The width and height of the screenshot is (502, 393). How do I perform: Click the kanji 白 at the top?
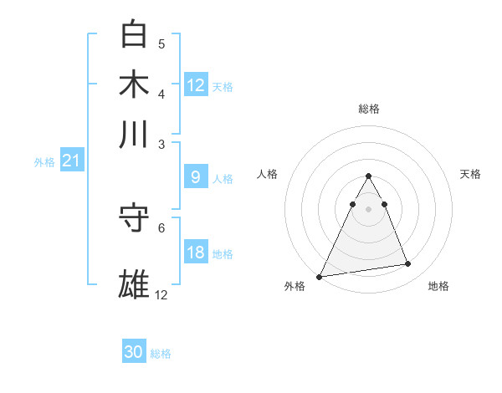coord(135,35)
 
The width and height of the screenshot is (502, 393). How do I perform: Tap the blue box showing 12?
coord(196,84)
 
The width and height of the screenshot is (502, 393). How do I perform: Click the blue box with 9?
coord(196,177)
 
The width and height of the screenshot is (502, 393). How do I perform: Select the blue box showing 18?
coord(196,253)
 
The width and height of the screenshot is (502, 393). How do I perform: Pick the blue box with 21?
coord(71,161)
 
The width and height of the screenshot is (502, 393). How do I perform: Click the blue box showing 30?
coord(134,352)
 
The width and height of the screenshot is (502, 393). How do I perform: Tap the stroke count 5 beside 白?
coord(161,43)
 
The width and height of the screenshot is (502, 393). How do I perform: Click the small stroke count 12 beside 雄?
coord(161,294)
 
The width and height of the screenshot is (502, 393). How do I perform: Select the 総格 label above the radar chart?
coord(368,109)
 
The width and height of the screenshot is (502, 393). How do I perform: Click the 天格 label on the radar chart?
coord(471,174)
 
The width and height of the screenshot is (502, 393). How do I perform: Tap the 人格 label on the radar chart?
coord(268,174)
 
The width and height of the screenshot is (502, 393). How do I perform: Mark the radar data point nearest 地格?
coord(408,264)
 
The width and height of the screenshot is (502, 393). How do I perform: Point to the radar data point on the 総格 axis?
coord(368,176)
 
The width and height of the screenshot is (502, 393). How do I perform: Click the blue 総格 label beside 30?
coord(161,354)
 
